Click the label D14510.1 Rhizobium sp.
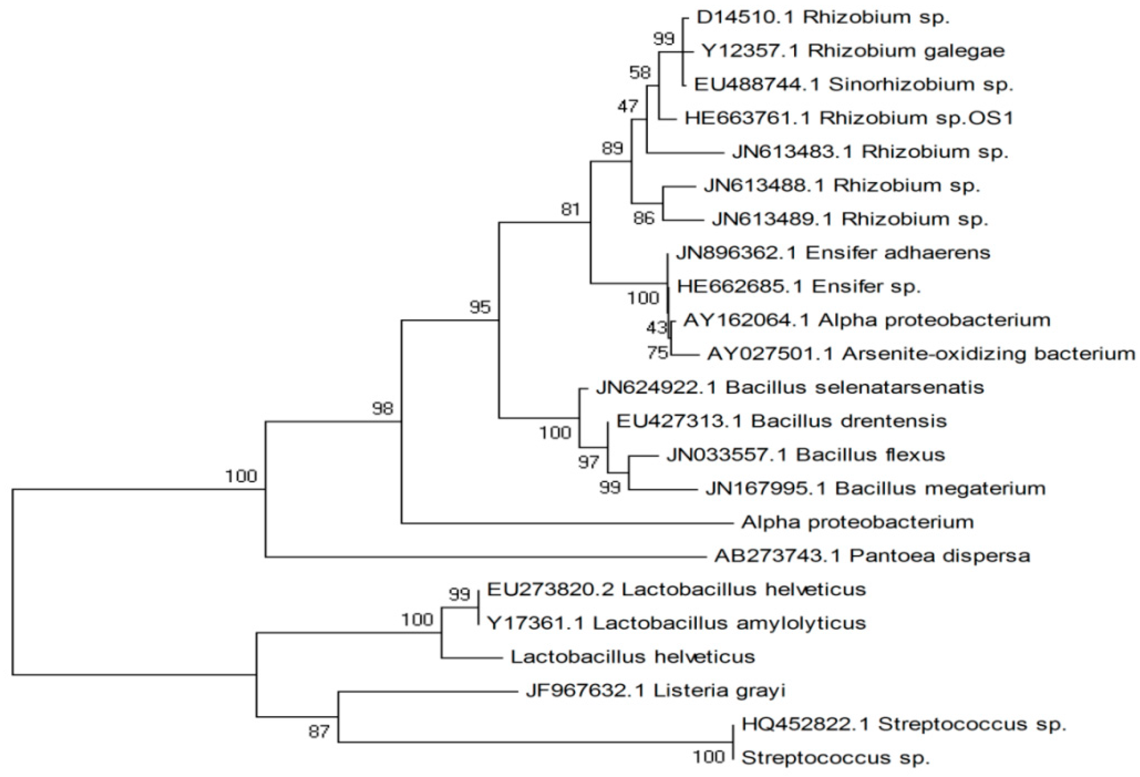(823, 18)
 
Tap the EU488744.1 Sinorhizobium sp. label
(853, 84)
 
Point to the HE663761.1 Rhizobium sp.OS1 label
(848, 118)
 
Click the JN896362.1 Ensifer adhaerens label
(832, 253)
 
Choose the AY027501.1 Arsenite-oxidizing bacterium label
(920, 353)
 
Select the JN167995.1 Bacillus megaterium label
(875, 488)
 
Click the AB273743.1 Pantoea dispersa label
(872, 556)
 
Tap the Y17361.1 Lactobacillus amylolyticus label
(676, 623)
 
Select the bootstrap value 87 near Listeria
(319, 732)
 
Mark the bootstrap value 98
(382, 408)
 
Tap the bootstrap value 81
(570, 210)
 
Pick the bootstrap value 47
(628, 106)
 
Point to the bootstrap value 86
(643, 218)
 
